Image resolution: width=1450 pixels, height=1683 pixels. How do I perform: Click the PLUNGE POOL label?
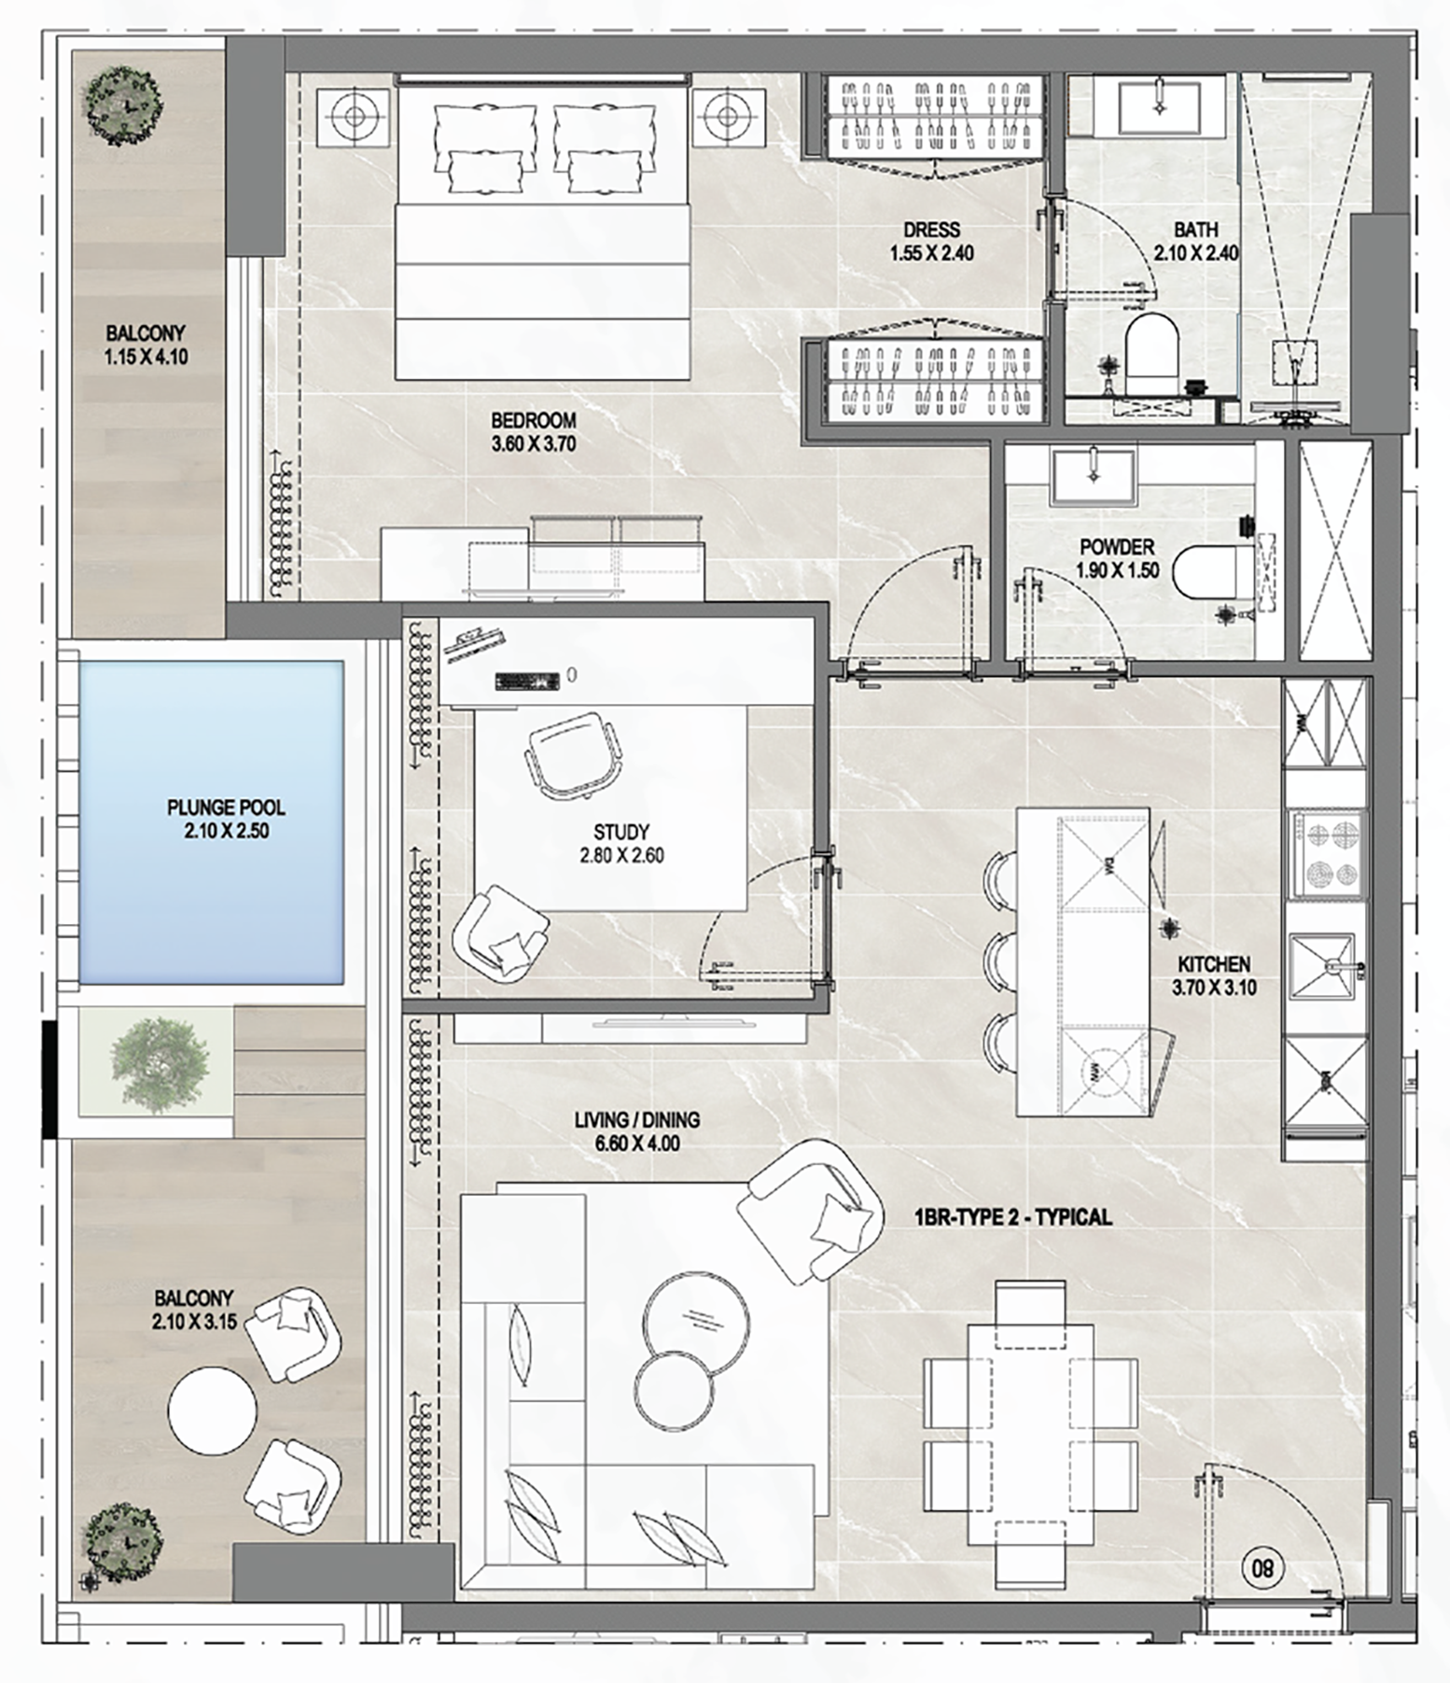[226, 807]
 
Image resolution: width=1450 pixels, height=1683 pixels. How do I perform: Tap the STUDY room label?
[621, 832]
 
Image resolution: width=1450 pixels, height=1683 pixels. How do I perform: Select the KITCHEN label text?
[1214, 964]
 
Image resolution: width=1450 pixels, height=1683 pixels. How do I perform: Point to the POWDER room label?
[1117, 547]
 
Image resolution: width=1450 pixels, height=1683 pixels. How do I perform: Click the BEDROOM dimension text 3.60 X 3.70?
[534, 444]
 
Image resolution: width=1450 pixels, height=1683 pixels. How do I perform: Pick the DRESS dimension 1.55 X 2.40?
[931, 253]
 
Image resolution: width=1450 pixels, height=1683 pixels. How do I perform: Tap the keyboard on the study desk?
[526, 680]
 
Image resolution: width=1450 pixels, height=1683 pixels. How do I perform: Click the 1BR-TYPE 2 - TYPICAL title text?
[1013, 1217]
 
